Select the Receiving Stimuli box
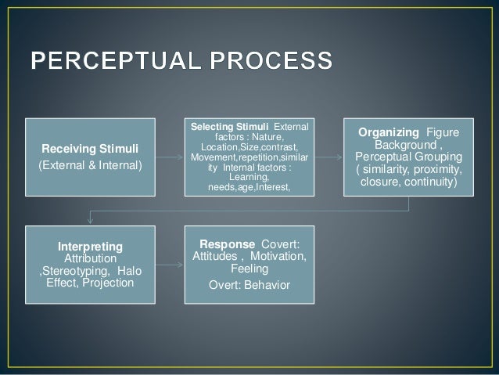pyautogui.click(x=92, y=156)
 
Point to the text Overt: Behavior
pyautogui.click(x=249, y=284)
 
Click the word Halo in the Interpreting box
pyautogui.click(x=131, y=271)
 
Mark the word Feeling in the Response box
pyautogui.click(x=249, y=269)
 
